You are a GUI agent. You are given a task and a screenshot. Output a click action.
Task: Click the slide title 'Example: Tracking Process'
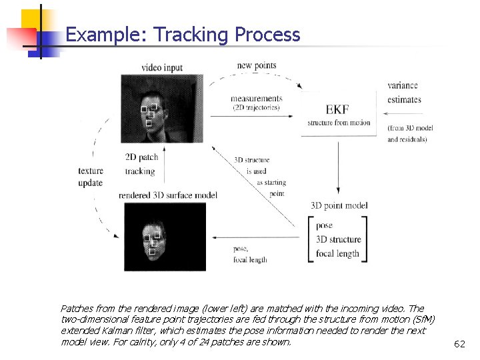tap(183, 35)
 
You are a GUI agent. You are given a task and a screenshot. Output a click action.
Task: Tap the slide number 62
tap(459, 344)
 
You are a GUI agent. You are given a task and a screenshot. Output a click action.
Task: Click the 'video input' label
tap(161, 67)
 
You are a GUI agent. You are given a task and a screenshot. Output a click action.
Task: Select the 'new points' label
tap(257, 65)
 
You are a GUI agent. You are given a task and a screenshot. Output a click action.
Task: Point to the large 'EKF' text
tap(337, 109)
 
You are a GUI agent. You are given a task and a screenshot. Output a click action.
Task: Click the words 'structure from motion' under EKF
tap(338, 123)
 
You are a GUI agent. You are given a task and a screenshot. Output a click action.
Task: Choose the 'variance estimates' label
tap(404, 93)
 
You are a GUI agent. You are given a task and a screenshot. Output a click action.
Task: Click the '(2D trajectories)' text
tap(255, 107)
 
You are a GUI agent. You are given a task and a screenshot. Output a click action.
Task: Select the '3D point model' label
tap(339, 205)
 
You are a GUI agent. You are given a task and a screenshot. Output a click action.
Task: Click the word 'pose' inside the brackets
tap(325, 225)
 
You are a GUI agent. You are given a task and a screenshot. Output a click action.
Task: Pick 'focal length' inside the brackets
tap(337, 253)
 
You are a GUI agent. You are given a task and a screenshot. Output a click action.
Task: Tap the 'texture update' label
tap(91, 177)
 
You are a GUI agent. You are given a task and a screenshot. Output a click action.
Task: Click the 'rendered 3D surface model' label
tap(168, 195)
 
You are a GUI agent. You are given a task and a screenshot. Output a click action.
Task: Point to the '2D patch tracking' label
tap(140, 164)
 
